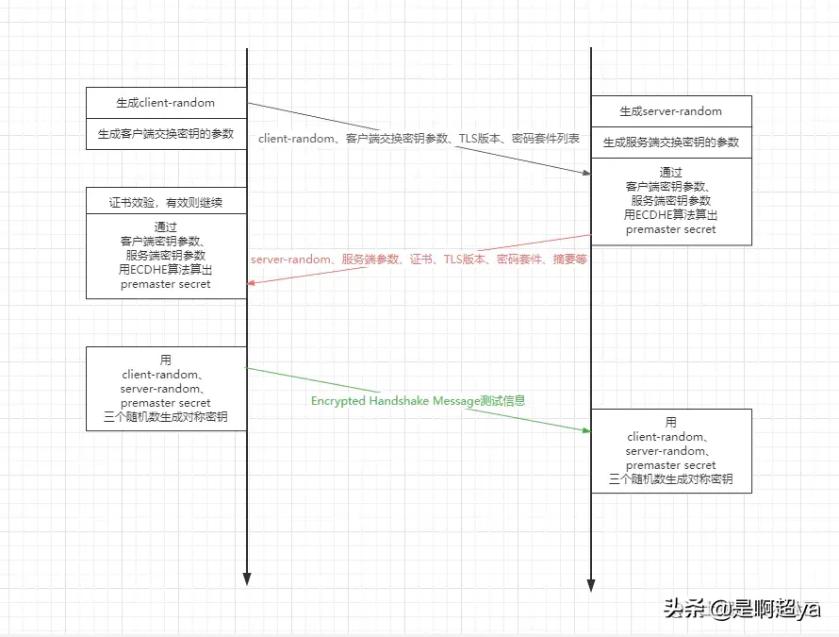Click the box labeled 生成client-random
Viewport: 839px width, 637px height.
tap(166, 103)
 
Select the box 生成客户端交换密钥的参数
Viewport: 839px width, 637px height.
tap(166, 134)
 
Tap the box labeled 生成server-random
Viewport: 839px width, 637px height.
tap(670, 111)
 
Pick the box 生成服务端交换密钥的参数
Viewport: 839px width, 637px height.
tap(670, 142)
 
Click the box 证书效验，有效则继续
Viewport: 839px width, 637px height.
tap(166, 202)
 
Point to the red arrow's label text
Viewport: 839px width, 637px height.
tap(419, 259)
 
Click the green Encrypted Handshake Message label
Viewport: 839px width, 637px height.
tap(418, 400)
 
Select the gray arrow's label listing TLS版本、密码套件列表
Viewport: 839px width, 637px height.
tap(419, 139)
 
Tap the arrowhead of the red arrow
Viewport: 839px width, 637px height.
tap(252, 282)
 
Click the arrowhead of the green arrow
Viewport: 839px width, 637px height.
tap(586, 430)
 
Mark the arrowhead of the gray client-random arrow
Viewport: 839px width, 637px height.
tap(586, 172)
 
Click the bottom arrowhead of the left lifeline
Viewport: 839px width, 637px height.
tap(246, 578)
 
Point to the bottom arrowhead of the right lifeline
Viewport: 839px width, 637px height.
tap(591, 584)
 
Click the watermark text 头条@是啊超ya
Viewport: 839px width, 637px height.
tap(742, 609)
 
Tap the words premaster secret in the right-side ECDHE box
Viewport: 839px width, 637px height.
tap(670, 229)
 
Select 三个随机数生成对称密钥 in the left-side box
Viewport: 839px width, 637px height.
tap(166, 417)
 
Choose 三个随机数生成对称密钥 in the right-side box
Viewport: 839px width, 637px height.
tap(670, 479)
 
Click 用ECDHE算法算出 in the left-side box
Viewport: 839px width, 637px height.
tap(166, 270)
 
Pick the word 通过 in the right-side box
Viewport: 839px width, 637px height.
tap(670, 173)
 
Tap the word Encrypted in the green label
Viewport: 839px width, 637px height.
tap(338, 400)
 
